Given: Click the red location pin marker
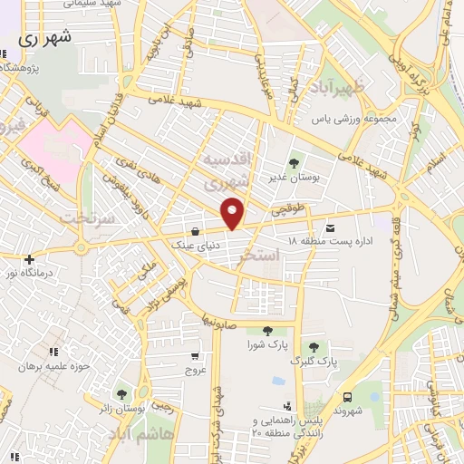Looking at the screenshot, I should pos(234,212).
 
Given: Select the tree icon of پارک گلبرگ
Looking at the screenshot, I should pos(314,347).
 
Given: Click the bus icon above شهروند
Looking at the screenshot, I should pos(348,396).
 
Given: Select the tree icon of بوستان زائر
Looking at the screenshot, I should pos(121,393).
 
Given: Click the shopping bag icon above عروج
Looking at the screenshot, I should pos(196,356).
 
